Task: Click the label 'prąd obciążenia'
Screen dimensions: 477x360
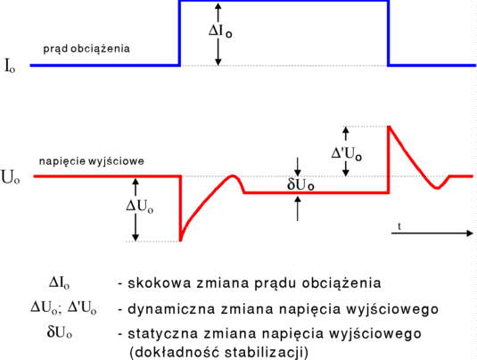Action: pos(86,49)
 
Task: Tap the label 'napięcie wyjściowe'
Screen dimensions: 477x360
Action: pos(92,161)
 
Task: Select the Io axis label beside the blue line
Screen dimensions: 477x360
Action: pos(10,66)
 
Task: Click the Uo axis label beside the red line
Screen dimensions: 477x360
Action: pos(11,178)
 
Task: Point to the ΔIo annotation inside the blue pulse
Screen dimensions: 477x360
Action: pos(220,31)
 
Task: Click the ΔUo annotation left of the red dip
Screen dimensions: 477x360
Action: pos(140,207)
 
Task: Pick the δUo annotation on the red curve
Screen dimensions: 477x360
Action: pos(300,184)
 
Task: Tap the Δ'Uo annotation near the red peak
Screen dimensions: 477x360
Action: pos(347,153)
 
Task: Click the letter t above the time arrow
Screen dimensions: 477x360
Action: pos(399,226)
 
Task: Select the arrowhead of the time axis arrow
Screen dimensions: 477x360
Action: pos(470,233)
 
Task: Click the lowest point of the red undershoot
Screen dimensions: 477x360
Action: pos(180,241)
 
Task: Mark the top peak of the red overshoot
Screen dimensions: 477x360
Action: pos(389,127)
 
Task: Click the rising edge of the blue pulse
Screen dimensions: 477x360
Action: pos(180,33)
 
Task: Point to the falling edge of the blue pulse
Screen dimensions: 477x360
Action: pos(389,33)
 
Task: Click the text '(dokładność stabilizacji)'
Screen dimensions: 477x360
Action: pos(219,353)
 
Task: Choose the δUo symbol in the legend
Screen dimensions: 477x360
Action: pos(60,332)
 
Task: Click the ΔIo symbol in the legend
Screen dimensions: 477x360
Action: pos(60,282)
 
